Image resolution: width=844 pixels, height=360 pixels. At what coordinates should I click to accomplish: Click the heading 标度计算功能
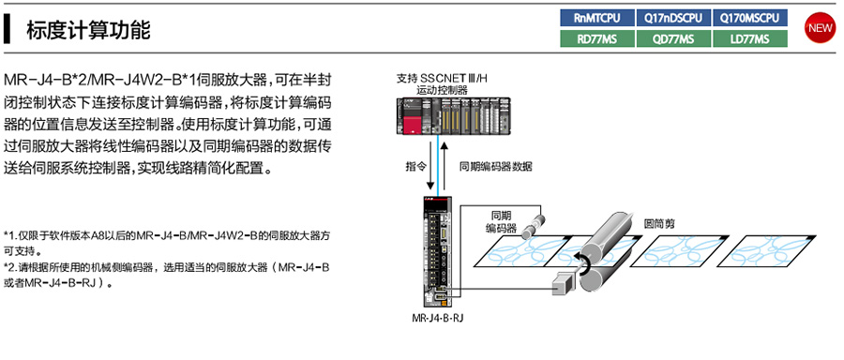88,30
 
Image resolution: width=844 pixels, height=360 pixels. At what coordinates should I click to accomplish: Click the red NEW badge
820,28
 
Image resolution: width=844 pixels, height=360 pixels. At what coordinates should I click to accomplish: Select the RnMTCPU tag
597,18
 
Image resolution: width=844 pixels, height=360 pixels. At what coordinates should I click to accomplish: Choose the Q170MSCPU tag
750,18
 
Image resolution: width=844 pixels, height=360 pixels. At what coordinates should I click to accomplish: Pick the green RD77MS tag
597,38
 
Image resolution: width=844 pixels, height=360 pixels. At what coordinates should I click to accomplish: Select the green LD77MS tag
750,38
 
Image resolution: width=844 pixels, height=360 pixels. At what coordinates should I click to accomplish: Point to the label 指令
414,166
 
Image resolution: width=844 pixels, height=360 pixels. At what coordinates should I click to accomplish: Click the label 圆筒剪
659,223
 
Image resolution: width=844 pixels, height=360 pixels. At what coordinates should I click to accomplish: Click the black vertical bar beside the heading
7,30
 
